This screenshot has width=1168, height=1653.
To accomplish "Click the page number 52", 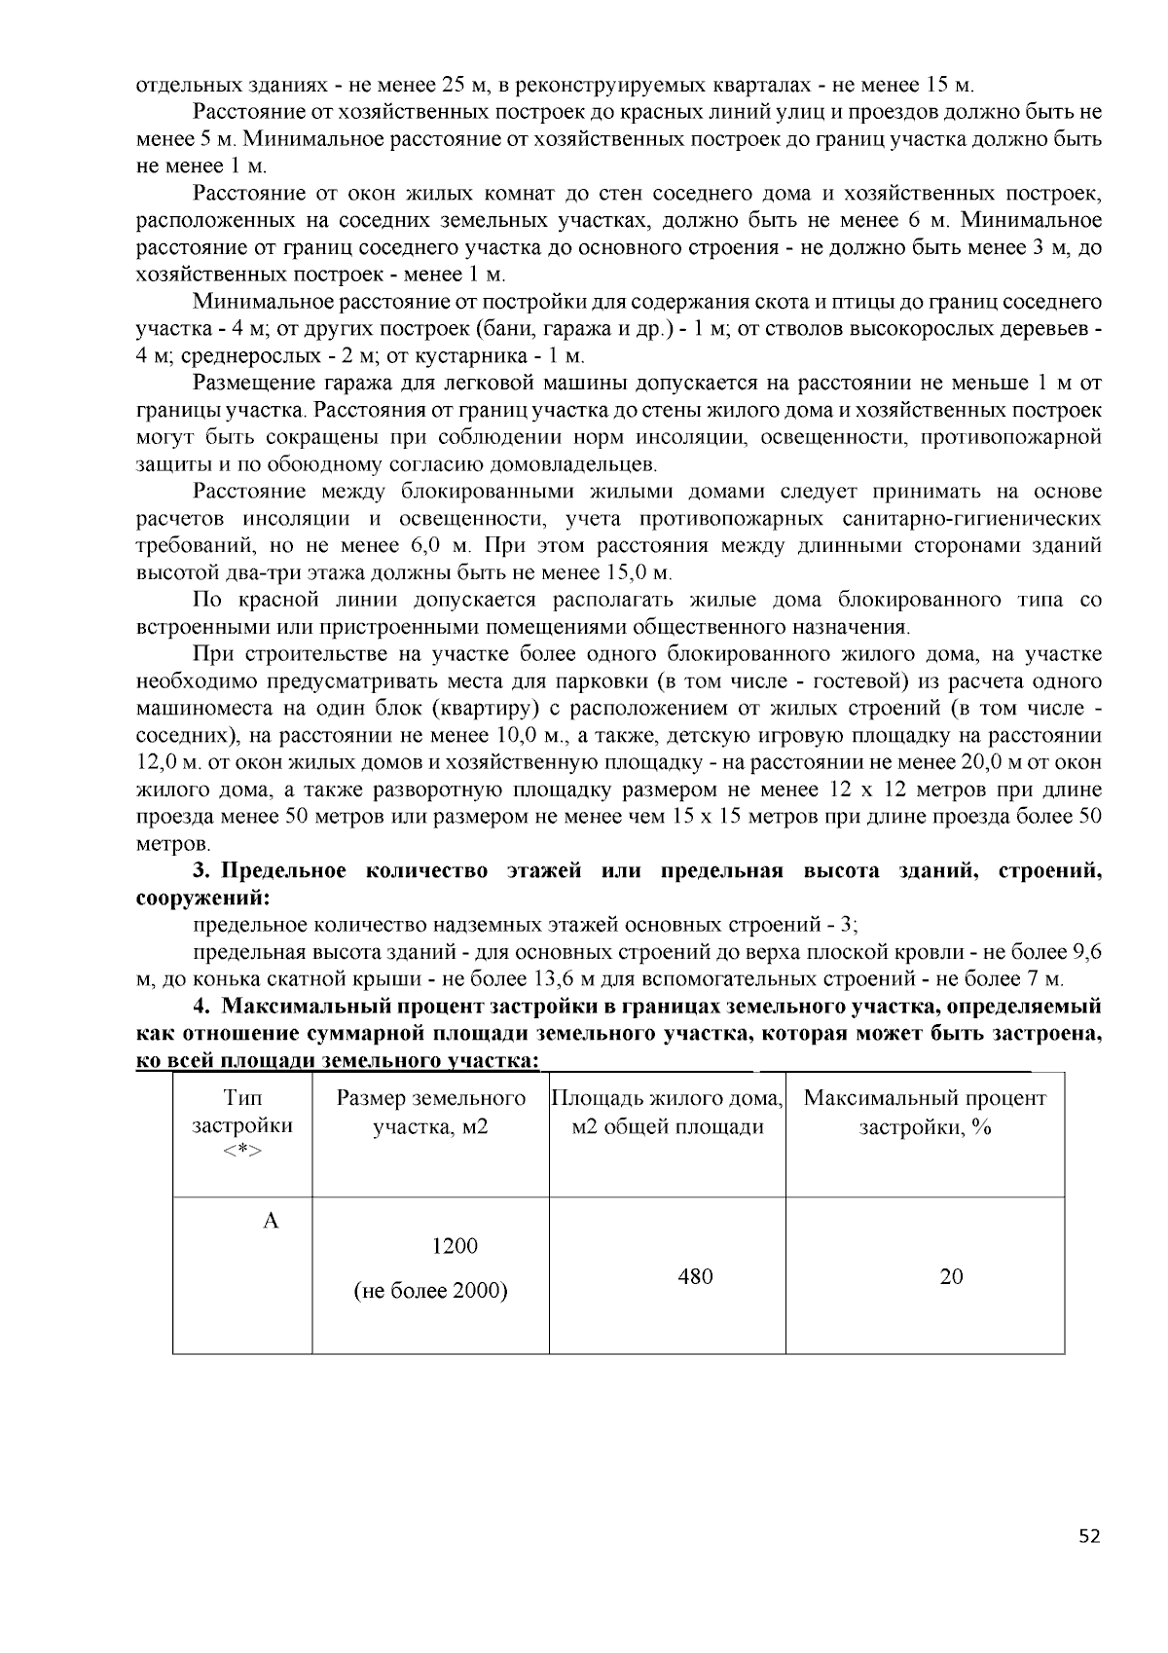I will coord(1090,1537).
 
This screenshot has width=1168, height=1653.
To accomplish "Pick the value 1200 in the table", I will coord(455,1246).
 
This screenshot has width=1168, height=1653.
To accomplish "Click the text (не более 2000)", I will coord(430,1291).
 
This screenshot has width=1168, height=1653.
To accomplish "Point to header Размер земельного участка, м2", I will coord(430,1112).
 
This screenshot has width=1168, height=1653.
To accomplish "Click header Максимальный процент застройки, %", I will coord(925,1112).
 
